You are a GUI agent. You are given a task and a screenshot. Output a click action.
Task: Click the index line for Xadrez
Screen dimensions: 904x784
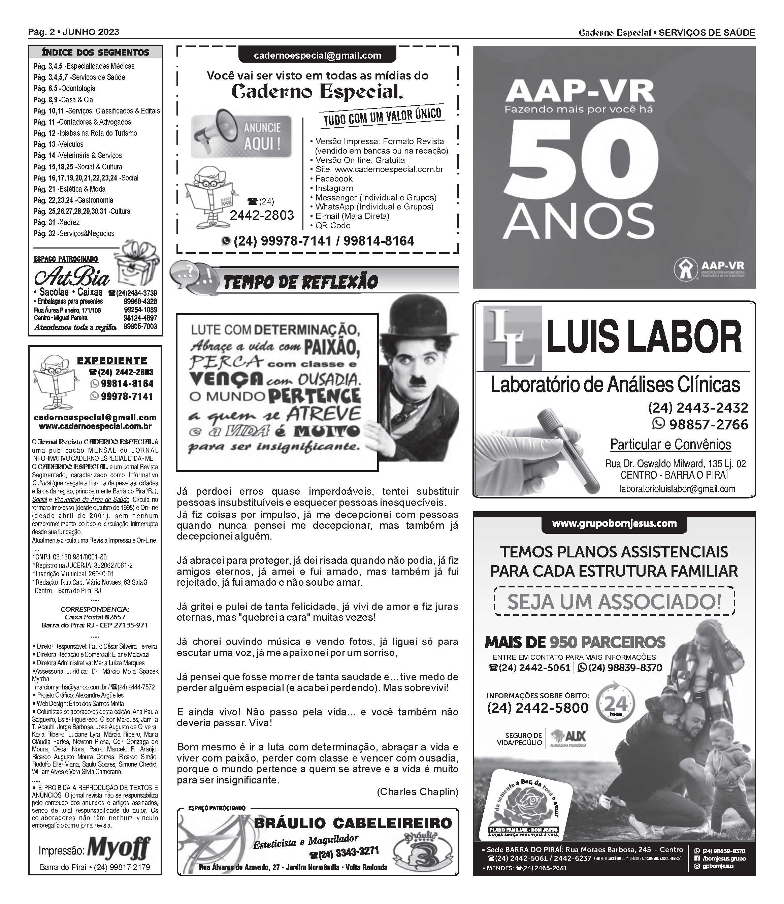point(57,222)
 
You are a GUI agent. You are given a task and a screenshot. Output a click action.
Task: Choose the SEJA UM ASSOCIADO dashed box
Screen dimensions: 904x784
point(614,601)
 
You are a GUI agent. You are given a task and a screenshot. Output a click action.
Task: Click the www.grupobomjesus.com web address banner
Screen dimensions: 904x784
point(614,523)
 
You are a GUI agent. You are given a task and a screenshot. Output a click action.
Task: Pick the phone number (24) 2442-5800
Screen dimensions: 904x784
point(538,708)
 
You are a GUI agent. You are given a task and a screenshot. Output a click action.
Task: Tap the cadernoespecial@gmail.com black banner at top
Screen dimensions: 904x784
point(317,56)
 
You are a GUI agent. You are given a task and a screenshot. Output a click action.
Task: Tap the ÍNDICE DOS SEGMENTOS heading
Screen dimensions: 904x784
point(95,53)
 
